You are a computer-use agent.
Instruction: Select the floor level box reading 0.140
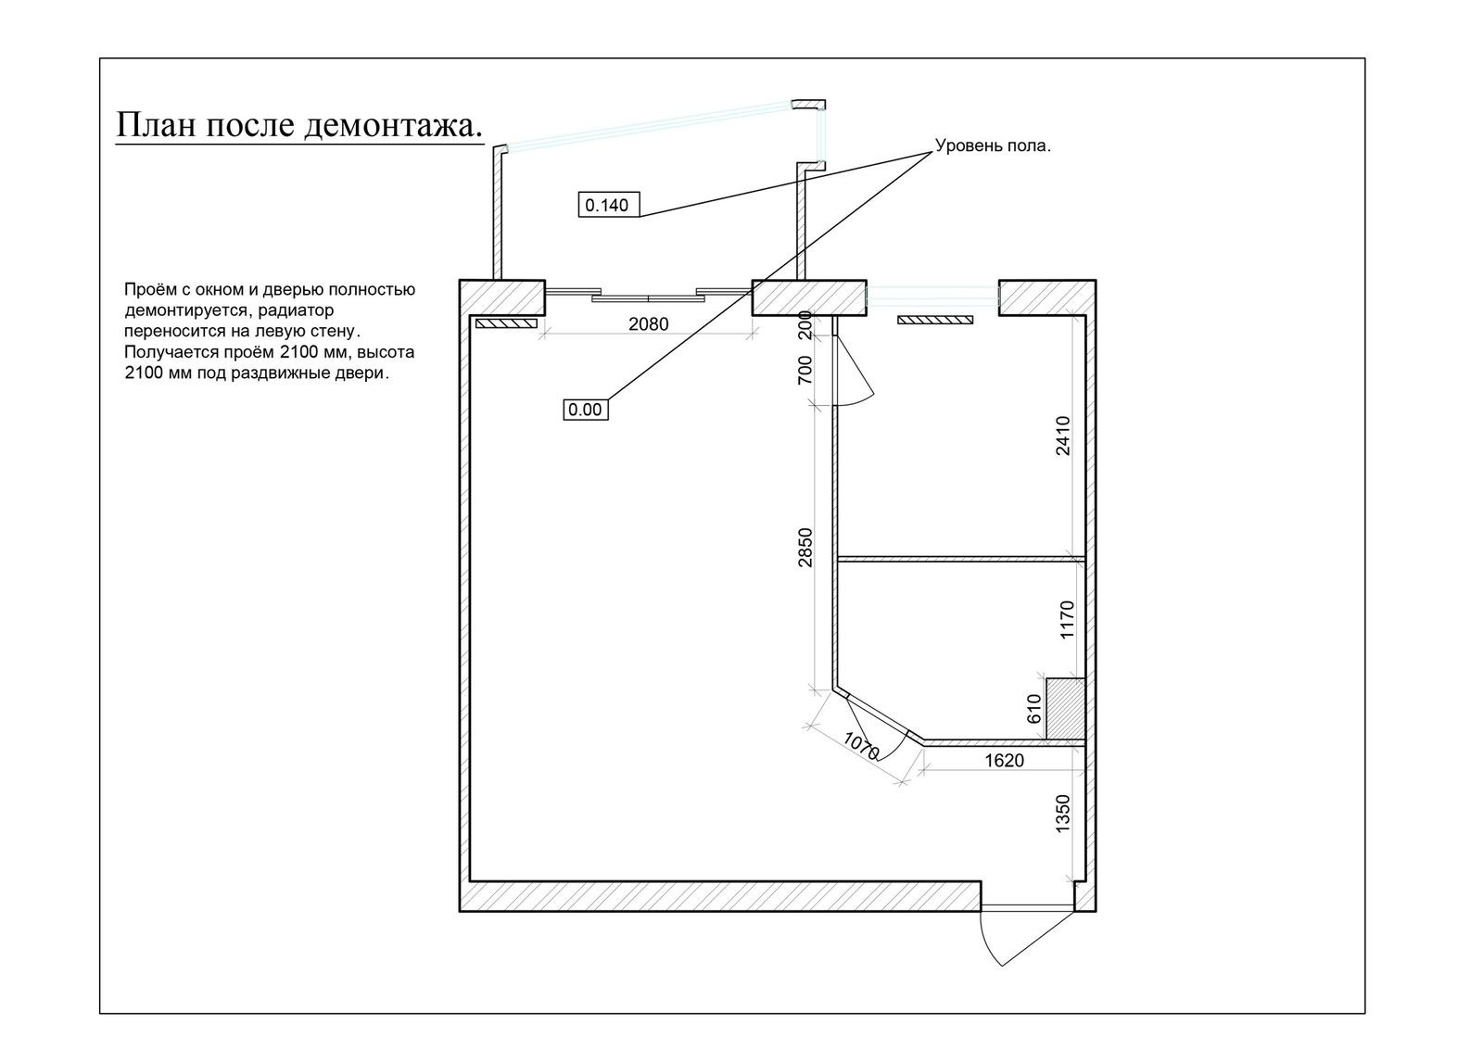point(607,205)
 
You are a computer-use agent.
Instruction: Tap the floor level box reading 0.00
point(585,410)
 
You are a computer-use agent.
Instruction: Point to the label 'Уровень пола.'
point(993,146)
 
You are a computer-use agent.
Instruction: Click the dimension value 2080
point(648,324)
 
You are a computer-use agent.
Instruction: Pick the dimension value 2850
point(805,547)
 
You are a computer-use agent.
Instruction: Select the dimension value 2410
point(1063,435)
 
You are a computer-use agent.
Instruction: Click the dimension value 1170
point(1066,619)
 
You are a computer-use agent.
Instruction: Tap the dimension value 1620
point(1004,761)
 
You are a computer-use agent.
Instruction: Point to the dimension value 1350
point(1063,813)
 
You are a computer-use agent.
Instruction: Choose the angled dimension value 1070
point(861,746)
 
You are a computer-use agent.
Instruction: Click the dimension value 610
point(1034,709)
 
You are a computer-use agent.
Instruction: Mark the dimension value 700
point(805,370)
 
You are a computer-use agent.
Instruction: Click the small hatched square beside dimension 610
point(1065,709)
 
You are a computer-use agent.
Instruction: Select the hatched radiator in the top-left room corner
point(506,323)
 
